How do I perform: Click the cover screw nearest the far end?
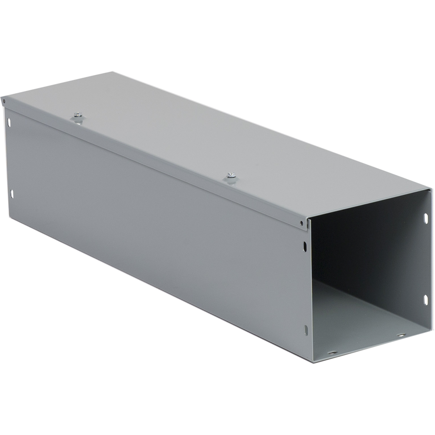[78, 115]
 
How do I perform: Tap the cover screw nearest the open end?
[232, 175]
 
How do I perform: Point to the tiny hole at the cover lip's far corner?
[4, 101]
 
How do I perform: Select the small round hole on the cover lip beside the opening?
[302, 223]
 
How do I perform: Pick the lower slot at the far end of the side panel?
[12, 194]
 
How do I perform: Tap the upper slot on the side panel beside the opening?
[305, 246]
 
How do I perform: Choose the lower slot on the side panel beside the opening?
[306, 330]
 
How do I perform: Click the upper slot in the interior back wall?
[426, 218]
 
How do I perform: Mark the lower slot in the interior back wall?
[425, 299]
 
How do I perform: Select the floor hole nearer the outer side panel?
[332, 352]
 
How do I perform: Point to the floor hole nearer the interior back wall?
[401, 335]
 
